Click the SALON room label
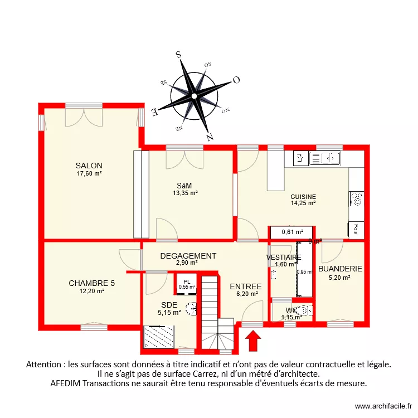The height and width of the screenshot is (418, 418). pos(89,166)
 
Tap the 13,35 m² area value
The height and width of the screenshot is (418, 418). pos(185,193)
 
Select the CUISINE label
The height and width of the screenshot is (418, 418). pos(303,197)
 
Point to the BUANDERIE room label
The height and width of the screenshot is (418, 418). pos(340,269)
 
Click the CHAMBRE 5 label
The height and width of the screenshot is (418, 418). pos(91,283)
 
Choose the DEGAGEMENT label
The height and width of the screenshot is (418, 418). pos(188,256)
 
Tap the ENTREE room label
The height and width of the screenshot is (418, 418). pos(246,286)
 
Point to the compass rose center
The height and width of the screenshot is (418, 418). pos(194,96)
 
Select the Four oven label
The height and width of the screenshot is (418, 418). pos(355,229)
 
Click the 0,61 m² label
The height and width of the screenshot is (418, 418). pos(292,232)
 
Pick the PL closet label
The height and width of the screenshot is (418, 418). pos(186,281)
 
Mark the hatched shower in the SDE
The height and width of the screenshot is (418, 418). pos(159,337)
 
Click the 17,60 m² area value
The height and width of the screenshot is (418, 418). pos(89,173)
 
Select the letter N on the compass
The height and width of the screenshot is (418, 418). pos(210,135)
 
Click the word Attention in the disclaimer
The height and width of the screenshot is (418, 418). pos(45,364)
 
